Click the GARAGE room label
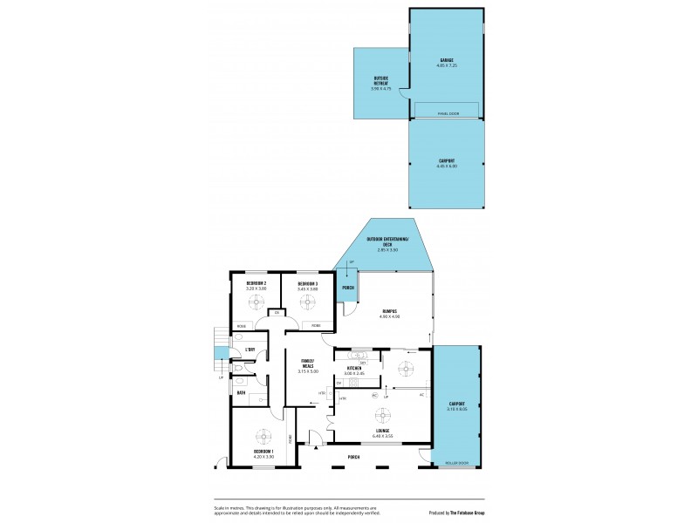point(446,60)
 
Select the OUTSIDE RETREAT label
point(380,79)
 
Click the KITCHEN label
point(354,369)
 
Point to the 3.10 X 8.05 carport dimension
point(457,409)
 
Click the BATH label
point(241,393)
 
